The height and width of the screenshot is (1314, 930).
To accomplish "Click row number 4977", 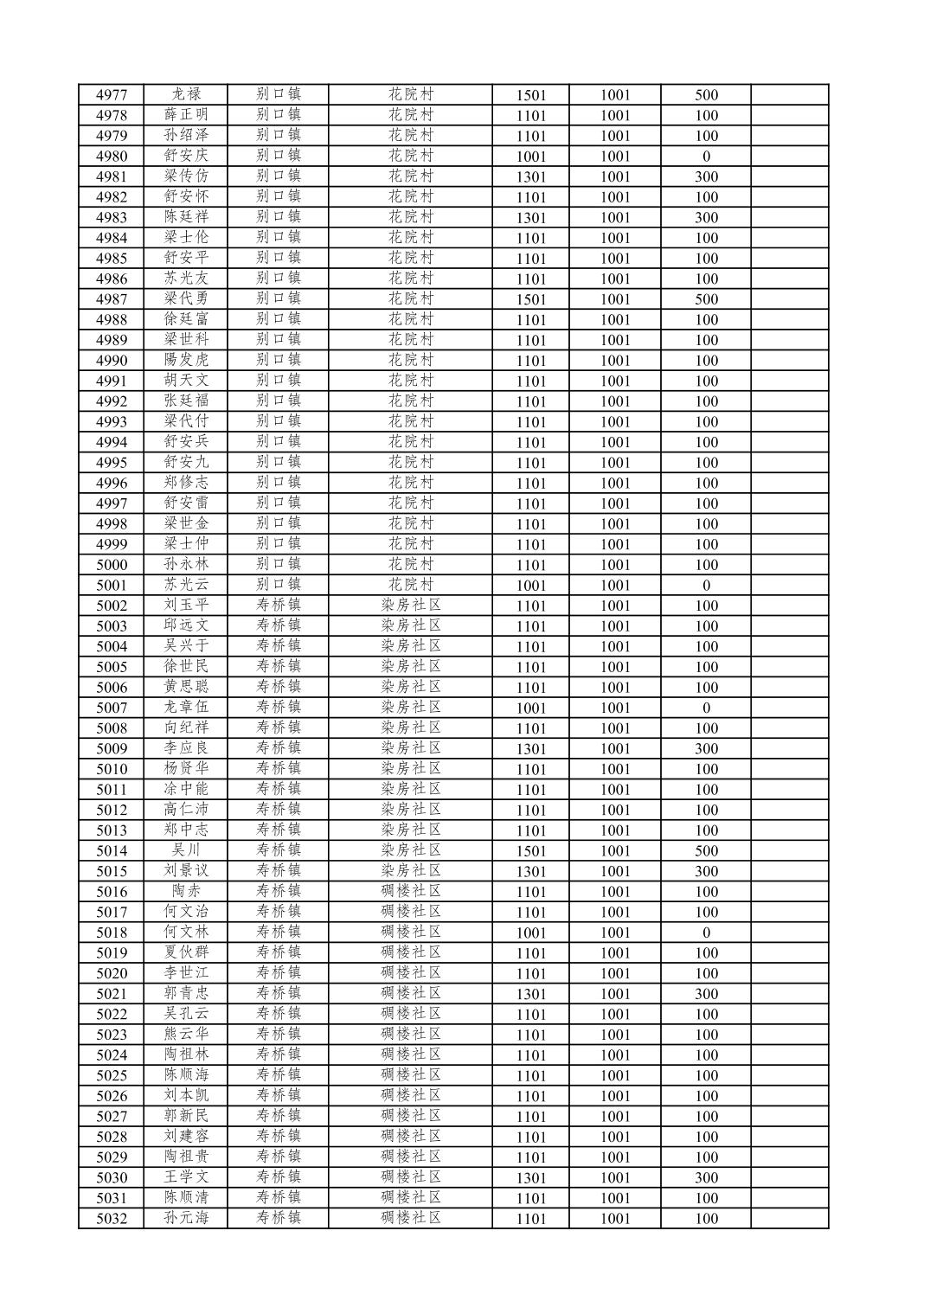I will [112, 95].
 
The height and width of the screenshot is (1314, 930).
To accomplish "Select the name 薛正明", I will [186, 115].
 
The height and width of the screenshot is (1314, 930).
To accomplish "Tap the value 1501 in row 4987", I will [530, 299].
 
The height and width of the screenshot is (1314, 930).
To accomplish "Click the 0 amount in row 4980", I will [706, 157].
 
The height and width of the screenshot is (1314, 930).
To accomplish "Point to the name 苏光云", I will [186, 585].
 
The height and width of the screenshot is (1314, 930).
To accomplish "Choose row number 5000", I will [112, 565].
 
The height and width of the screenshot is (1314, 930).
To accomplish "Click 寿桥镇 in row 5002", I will [279, 606].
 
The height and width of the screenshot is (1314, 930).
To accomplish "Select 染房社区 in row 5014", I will [411, 850].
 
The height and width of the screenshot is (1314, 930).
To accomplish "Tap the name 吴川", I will [186, 850].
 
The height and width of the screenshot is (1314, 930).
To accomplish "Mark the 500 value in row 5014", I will [706, 850].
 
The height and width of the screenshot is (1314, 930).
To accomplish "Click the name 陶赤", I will [186, 891].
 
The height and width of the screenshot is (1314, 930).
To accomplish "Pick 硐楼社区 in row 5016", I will [411, 891].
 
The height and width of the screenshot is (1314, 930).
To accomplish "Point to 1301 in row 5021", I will [530, 994].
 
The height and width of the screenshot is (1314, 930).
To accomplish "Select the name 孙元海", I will [186, 1218].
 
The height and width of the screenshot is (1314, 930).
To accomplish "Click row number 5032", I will [112, 1218].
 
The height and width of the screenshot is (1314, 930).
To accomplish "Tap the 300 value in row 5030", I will [706, 1177].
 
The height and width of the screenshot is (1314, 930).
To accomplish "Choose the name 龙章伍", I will [186, 708].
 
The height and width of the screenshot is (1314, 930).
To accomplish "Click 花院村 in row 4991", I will [411, 381].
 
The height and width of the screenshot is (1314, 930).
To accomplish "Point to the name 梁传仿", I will [186, 176].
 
